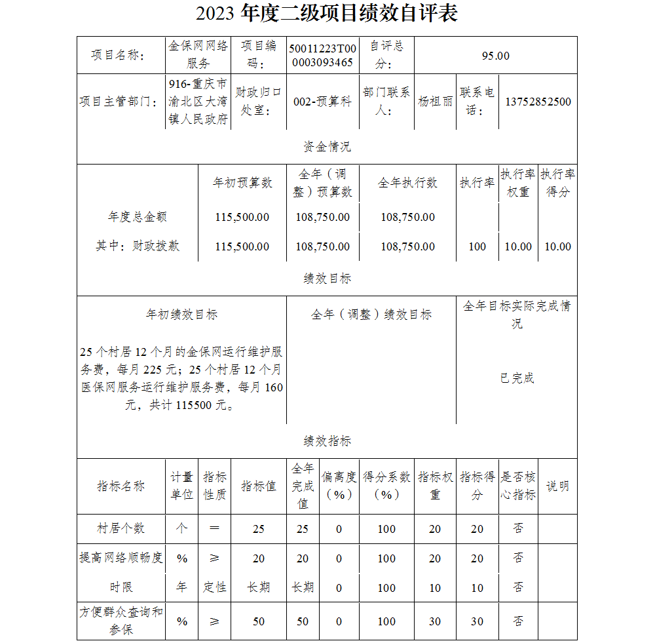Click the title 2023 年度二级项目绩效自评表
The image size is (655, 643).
[x=327, y=14]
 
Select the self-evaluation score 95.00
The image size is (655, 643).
[x=495, y=56]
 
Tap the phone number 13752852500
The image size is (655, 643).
[x=538, y=102]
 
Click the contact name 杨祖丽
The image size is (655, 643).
[x=436, y=102]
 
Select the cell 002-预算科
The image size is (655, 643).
[x=322, y=102]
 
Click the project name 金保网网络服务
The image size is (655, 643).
[x=198, y=55]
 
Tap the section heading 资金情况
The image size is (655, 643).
[x=327, y=147]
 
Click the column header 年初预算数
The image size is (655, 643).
[x=242, y=183]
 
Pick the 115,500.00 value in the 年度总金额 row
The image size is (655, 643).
[x=242, y=217]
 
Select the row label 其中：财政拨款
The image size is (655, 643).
[x=138, y=246]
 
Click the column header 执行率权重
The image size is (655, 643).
[x=518, y=183]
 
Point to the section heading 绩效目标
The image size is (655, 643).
[x=327, y=279]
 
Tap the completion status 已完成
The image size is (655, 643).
[x=517, y=378]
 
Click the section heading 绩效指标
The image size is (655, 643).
[x=327, y=441]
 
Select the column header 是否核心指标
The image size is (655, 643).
[x=518, y=486]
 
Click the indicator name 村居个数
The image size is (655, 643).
[x=121, y=528]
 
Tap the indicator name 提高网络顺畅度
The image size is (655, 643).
[x=121, y=558]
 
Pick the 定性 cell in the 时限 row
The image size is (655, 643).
[x=215, y=587]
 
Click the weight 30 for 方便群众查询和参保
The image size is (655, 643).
[x=435, y=621]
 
